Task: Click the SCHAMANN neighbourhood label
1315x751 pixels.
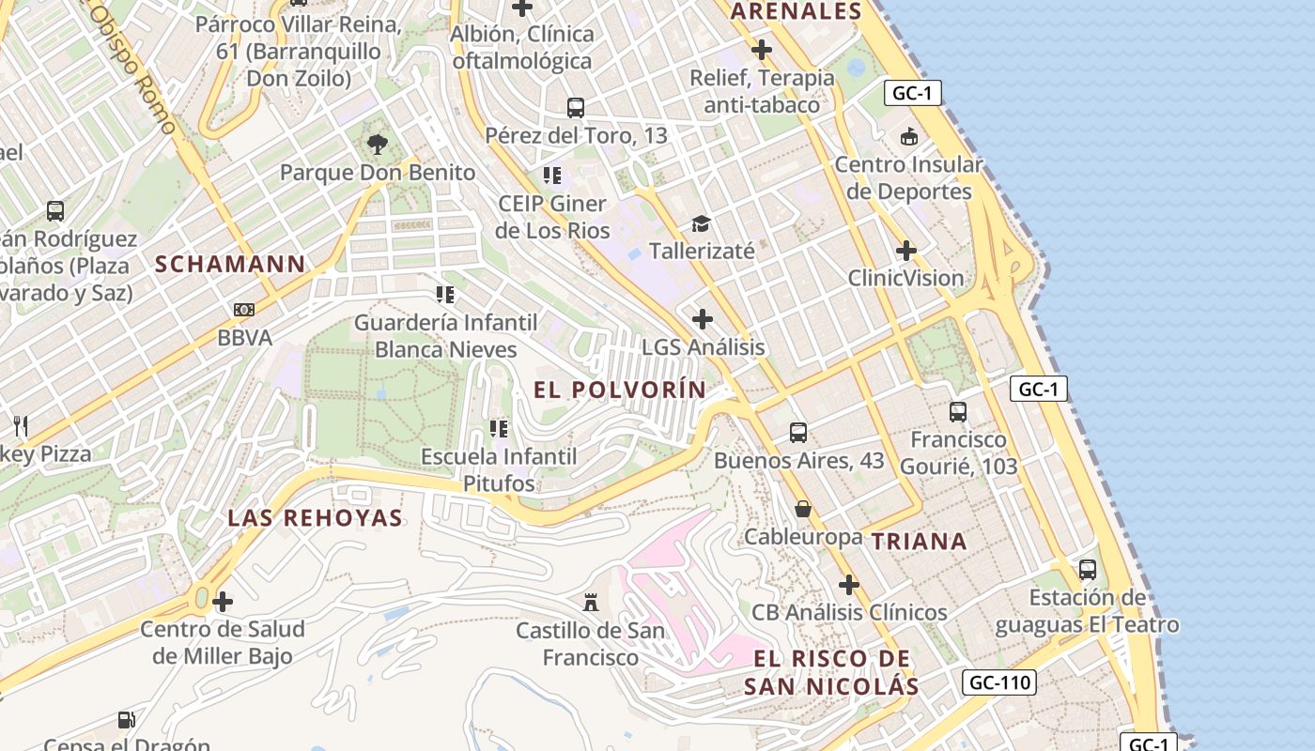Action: point(230,264)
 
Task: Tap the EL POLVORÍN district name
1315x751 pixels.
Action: point(620,389)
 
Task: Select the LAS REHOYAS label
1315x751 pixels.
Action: point(316,517)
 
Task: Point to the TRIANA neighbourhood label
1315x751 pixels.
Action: point(919,541)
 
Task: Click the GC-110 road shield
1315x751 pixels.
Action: point(999,682)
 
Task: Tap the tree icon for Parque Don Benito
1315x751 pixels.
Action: point(378,144)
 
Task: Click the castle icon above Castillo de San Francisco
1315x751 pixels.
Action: point(591,601)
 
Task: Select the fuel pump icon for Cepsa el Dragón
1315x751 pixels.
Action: point(126,720)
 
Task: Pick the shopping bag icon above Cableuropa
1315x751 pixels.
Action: point(803,509)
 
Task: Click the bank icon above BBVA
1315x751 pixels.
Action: point(243,309)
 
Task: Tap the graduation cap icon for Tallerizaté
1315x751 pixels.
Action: point(702,223)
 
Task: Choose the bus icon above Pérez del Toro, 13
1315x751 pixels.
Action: point(576,107)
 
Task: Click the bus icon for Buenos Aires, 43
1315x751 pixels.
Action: point(798,432)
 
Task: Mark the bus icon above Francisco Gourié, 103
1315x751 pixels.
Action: point(958,411)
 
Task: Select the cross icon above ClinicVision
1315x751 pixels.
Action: point(905,251)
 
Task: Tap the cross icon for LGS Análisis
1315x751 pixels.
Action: point(703,319)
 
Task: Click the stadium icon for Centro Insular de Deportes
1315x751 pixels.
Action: point(908,137)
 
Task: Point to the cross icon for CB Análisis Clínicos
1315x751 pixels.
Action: point(849,585)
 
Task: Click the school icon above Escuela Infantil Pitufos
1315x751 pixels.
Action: point(498,429)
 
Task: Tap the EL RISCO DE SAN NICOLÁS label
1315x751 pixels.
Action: point(831,672)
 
